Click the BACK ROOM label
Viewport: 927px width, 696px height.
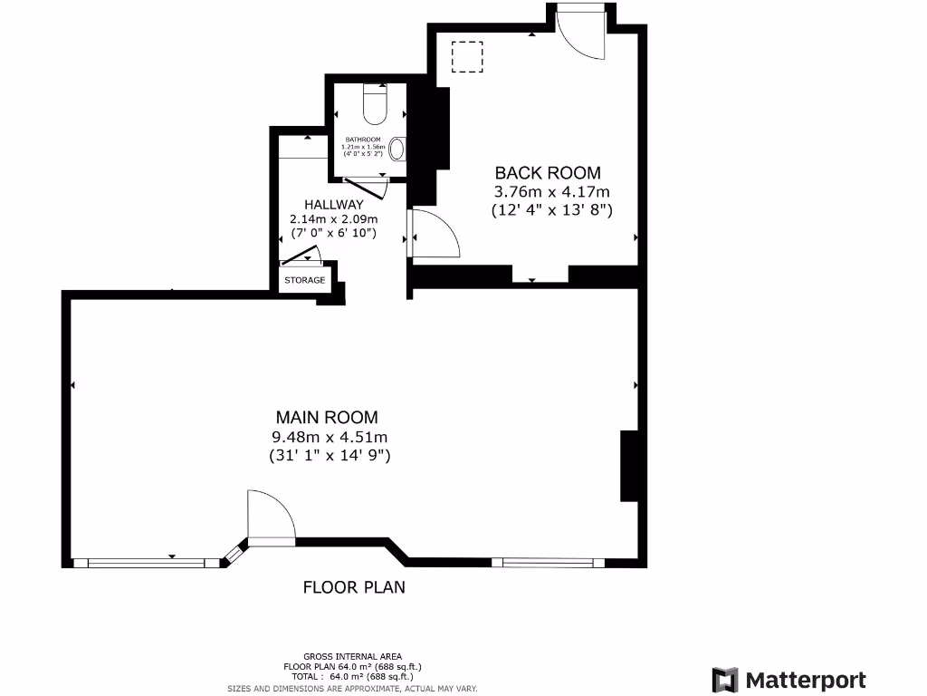pos(547,172)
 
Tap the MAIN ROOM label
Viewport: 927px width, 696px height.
pos(327,417)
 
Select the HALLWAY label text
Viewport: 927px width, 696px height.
pos(333,205)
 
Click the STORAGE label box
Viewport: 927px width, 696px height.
pos(305,280)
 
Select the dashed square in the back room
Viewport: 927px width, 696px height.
pos(467,57)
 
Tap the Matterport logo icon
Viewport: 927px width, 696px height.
pos(725,680)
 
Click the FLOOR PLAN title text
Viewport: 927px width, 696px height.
pos(354,587)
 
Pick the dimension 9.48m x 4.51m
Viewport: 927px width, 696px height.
pos(329,437)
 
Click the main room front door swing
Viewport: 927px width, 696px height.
pos(271,518)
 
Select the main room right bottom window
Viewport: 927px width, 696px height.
pos(548,562)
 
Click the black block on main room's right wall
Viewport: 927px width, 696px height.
pos(627,466)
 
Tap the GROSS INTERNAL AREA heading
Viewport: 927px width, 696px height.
pos(353,656)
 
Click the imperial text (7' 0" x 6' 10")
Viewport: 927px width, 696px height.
pos(333,234)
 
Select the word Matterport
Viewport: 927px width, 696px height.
pos(806,680)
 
